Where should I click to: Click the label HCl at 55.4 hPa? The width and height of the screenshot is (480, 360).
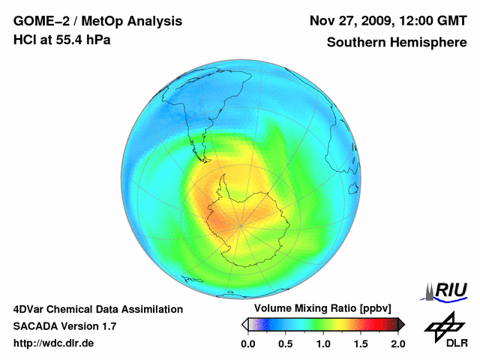coord(61,40)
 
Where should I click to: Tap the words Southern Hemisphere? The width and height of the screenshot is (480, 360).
coord(397,43)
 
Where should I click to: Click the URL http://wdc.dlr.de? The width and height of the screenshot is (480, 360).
coord(54,343)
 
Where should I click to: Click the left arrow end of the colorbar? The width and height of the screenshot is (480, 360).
coord(245,324)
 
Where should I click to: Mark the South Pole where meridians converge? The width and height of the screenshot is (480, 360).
coord(241,224)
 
